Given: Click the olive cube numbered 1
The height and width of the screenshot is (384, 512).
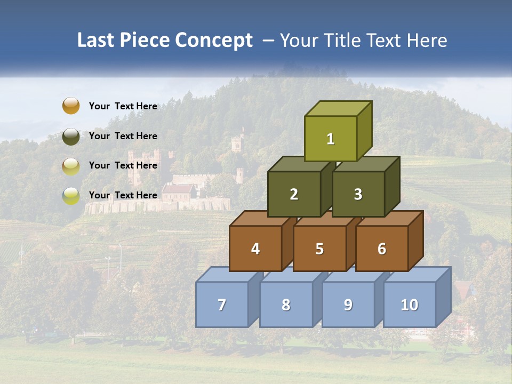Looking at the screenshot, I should pos(331,139).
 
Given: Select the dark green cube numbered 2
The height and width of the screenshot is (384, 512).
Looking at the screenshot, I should pos(294,194).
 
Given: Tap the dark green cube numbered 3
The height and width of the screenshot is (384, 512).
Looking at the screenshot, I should pos(358,194).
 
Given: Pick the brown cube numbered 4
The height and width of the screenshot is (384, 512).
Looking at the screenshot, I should pos(255,249).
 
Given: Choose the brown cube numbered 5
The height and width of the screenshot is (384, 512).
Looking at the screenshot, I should pos(319,249).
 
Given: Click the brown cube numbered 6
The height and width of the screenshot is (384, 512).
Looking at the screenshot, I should pos(382,249).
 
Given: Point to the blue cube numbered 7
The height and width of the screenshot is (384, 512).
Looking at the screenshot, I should pos(222,305).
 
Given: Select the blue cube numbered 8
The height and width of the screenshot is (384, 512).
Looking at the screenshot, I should pos(286,305).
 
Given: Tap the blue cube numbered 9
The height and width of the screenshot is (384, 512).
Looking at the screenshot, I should pos(348,305).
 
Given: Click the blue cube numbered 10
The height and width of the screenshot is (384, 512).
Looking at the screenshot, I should pos(410,305).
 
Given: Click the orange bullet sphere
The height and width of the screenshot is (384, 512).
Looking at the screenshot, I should pos(70,106).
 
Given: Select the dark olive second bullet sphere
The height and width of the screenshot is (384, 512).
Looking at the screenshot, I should pos(70,136).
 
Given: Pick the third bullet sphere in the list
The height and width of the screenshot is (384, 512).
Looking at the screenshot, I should pos(70,166).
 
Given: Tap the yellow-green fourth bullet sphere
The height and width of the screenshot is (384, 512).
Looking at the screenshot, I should pos(70,196).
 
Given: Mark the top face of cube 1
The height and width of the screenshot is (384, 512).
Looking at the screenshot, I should pos(338,108).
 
